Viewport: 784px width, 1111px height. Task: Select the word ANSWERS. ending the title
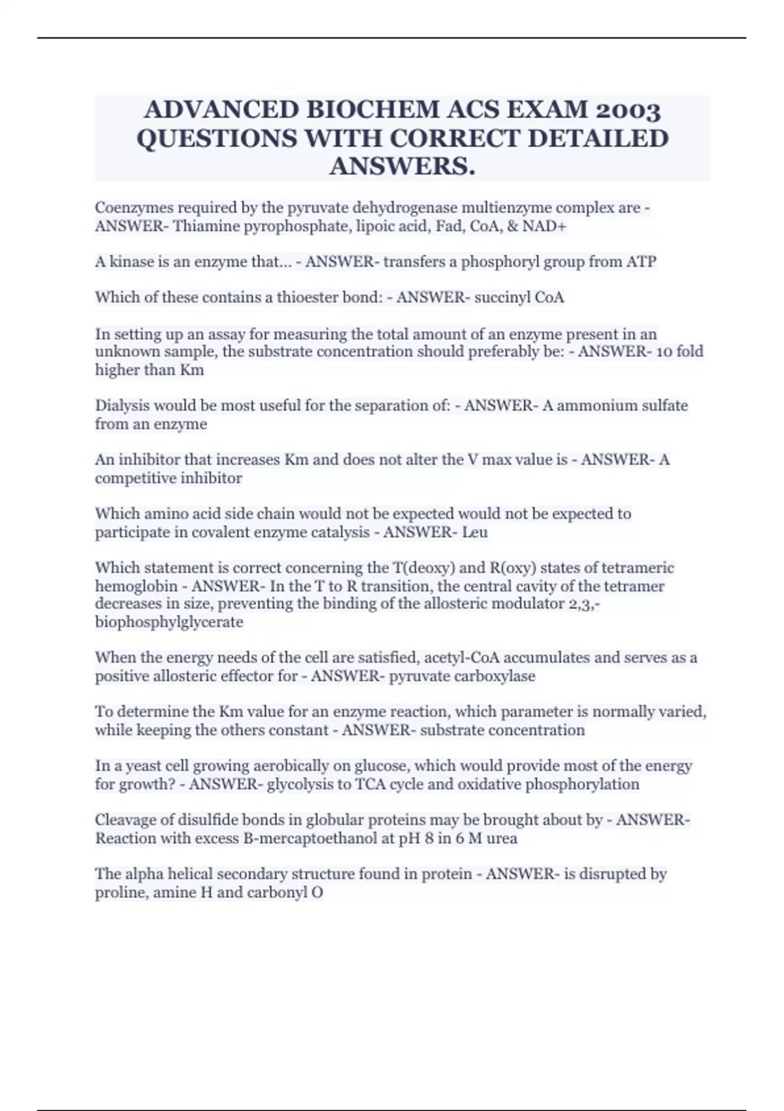click(402, 167)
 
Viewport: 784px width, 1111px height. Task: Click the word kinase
click(131, 262)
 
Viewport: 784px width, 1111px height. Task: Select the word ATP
click(641, 262)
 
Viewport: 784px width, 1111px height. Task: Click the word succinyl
click(502, 297)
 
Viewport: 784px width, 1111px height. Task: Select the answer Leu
click(474, 532)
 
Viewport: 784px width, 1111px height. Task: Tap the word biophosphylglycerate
click(169, 622)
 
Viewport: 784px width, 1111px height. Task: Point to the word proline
click(122, 892)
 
